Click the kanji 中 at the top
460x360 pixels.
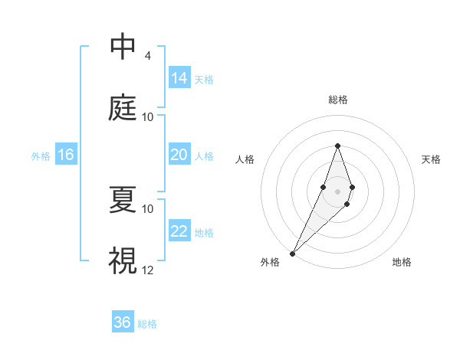click(123, 47)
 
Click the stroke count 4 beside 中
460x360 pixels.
click(147, 55)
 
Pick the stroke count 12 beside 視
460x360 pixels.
click(148, 270)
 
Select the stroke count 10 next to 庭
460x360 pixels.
click(148, 116)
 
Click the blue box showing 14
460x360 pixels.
click(179, 77)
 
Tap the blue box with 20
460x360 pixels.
click(179, 155)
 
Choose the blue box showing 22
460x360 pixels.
click(179, 231)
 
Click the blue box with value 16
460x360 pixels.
click(66, 155)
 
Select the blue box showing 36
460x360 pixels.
click(123, 322)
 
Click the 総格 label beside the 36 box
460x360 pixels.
click(147, 324)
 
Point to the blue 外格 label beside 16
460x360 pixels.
click(41, 156)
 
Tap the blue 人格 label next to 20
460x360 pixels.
click(204, 156)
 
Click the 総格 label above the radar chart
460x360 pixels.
click(337, 100)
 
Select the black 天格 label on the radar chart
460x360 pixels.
click(431, 159)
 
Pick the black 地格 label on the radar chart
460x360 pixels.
click(402, 262)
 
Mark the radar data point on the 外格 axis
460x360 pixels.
click(292, 252)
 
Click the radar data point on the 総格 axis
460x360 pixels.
click(337, 146)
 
